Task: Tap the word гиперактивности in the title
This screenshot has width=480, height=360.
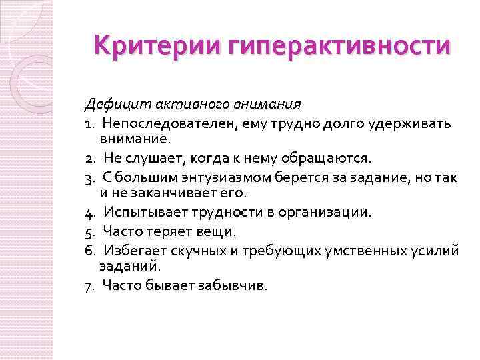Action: (339, 47)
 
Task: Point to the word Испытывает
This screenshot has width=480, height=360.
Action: (139, 213)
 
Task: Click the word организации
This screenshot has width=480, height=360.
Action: (329, 213)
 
